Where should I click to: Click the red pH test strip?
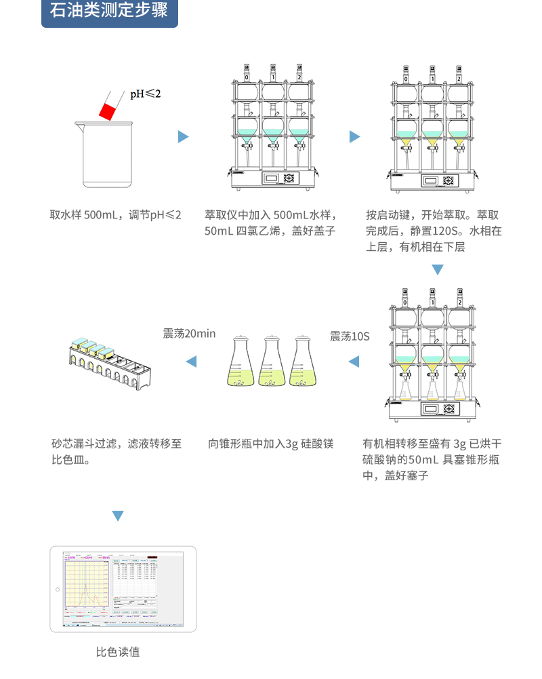[x=108, y=109]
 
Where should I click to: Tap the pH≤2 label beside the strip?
[x=146, y=94]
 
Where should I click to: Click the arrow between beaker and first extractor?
[x=183, y=137]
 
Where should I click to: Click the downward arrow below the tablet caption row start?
[x=118, y=516]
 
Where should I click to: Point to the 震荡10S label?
[x=350, y=336]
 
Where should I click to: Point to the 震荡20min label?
[x=189, y=333]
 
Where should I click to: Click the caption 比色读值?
[x=118, y=652]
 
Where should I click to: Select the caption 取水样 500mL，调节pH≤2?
[x=116, y=215]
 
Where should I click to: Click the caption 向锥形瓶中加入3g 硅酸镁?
[x=271, y=444]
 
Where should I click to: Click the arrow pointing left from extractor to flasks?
[x=354, y=362]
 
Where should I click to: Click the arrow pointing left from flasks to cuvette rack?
[x=191, y=362]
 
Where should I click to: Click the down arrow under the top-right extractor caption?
[x=438, y=270]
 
